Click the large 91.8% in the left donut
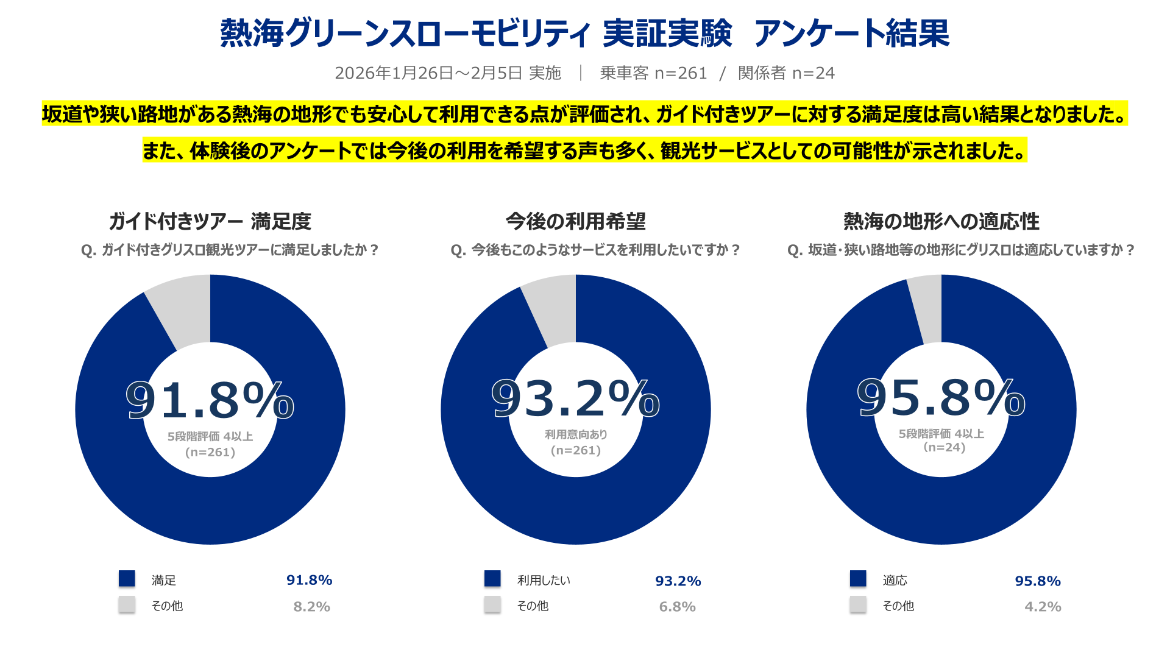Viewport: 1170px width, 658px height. tap(210, 400)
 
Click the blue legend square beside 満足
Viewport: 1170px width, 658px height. tap(127, 579)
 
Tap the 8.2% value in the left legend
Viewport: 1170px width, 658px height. tap(311, 607)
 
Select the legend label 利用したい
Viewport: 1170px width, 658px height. tap(544, 580)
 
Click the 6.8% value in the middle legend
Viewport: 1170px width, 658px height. tap(677, 607)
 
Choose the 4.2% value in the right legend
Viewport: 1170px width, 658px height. tap(1043, 607)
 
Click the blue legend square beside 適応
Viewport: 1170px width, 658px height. tap(858, 579)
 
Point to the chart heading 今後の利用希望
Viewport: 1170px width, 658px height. tap(575, 221)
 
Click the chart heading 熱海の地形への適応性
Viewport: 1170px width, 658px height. tap(941, 221)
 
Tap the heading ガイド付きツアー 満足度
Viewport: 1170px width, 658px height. tap(210, 221)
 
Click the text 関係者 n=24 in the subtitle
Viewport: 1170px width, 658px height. tap(786, 73)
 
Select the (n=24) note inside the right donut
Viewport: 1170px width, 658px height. tap(944, 447)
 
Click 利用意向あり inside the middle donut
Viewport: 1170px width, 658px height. tap(576, 434)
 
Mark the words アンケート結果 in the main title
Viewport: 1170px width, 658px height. tap(851, 34)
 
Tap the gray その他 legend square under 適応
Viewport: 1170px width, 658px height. tap(858, 604)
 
